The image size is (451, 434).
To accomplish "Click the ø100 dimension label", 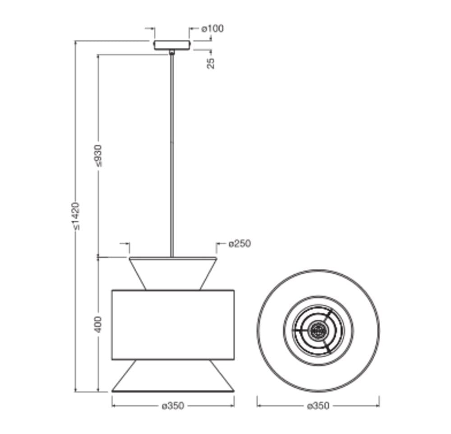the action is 212,28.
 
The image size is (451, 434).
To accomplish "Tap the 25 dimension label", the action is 211,63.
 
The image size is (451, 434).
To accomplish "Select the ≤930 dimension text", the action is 98,156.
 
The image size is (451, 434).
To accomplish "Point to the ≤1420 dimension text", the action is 76,216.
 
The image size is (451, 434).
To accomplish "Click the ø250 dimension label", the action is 239,244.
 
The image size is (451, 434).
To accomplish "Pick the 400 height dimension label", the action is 98,324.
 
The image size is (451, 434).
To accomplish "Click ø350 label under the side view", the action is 173,406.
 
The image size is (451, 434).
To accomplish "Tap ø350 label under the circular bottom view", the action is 318,406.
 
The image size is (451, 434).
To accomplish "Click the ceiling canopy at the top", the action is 172,45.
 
